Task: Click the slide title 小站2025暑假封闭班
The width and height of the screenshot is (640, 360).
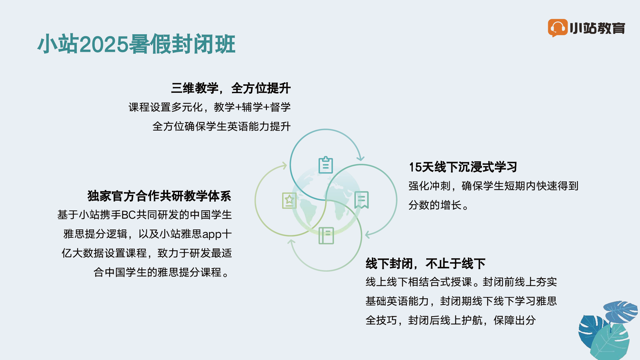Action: tap(137, 44)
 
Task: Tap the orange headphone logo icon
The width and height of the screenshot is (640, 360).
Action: tap(558, 28)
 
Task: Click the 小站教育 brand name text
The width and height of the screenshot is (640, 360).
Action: tap(597, 28)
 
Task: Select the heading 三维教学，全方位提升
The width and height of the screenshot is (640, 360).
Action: tap(231, 88)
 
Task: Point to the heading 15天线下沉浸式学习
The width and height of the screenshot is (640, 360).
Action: tap(463, 167)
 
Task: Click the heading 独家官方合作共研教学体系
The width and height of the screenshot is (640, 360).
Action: tap(159, 196)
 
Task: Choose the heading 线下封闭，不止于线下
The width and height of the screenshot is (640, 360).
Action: tap(426, 264)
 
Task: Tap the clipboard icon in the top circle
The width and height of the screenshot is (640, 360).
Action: tap(326, 165)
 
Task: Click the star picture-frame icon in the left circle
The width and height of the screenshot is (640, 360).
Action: tap(289, 201)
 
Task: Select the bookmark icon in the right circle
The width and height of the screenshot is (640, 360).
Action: tap(362, 200)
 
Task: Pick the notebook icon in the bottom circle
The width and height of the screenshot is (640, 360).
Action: tap(326, 236)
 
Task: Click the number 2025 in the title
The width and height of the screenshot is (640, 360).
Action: tap(104, 44)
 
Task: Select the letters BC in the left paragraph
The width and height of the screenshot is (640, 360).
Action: tap(129, 215)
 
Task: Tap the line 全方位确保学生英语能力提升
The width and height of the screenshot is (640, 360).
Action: tap(221, 126)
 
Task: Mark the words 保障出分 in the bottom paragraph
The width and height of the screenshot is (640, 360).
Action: tap(515, 320)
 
